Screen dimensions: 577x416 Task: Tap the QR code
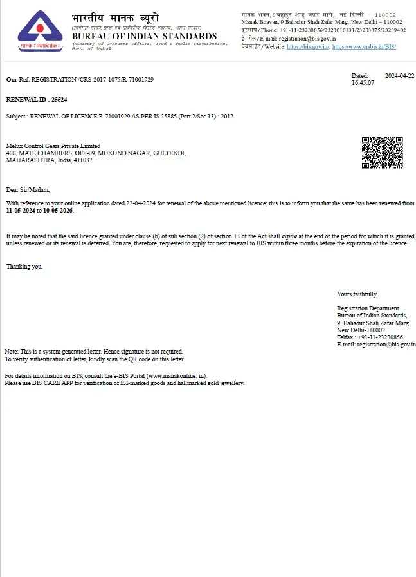click(382, 153)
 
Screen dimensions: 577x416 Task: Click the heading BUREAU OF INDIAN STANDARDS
click(144, 37)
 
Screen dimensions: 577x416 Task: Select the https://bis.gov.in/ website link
click(308, 47)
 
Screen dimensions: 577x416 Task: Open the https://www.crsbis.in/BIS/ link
click(364, 47)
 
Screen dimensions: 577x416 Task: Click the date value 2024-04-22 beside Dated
click(399, 75)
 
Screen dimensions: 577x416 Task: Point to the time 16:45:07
click(363, 83)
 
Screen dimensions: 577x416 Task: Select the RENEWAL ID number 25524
click(59, 100)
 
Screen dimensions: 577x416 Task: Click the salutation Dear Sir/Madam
click(28, 190)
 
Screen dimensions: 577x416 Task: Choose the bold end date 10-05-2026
click(58, 211)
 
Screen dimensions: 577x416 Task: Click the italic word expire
click(290, 236)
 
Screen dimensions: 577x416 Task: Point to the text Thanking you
click(24, 266)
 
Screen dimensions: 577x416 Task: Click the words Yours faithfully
click(357, 294)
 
